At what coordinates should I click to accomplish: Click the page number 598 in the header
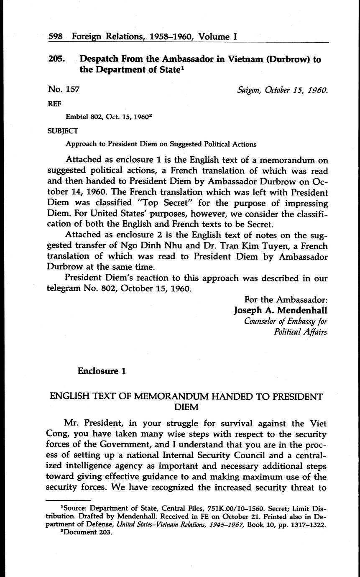click(x=56, y=36)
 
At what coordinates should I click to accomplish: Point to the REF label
click(x=54, y=105)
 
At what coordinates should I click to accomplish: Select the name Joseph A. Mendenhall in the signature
click(x=280, y=310)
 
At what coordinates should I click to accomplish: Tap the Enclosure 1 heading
click(x=102, y=371)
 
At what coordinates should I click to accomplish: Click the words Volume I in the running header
click(x=218, y=36)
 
